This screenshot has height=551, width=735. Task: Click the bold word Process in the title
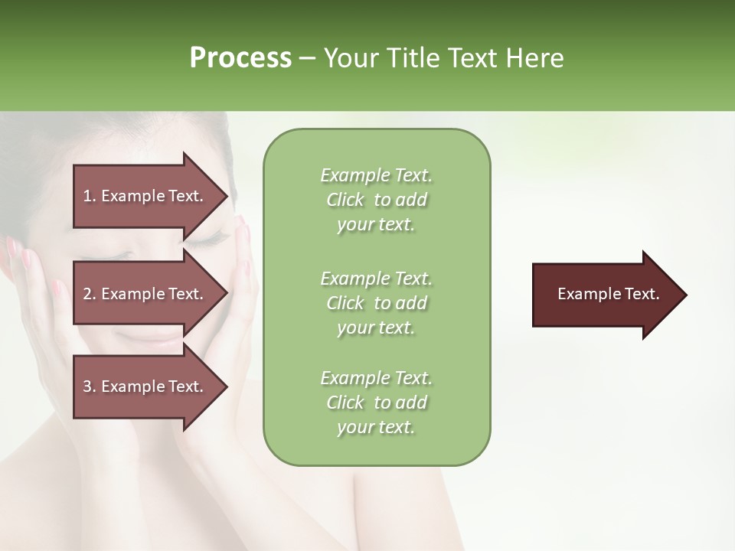pos(240,58)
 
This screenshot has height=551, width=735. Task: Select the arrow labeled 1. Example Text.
pos(145,196)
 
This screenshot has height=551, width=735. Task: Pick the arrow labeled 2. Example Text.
pos(145,294)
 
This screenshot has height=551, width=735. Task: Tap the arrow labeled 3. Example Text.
pos(145,386)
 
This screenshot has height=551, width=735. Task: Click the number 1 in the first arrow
pos(87,196)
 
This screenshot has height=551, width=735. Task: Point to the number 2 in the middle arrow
pos(87,294)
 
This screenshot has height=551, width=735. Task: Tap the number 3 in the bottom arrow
pos(87,386)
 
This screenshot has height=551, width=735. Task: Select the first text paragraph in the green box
pos(376,200)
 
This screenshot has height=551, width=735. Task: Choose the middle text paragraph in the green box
pos(376,303)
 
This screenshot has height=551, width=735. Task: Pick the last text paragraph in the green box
pos(376,403)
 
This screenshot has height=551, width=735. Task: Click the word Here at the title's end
pos(535,58)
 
